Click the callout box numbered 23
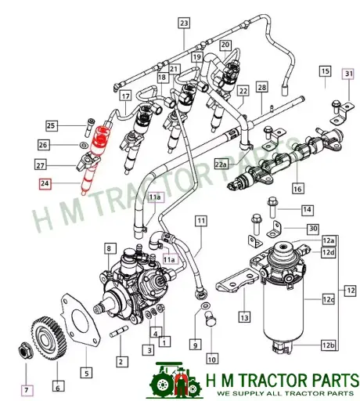[x=183, y=23]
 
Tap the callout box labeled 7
[x=27, y=388]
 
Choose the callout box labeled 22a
[x=221, y=164]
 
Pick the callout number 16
[x=297, y=189]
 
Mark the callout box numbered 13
[x=244, y=317]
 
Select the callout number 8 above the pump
[x=110, y=248]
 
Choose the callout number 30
[x=313, y=228]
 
